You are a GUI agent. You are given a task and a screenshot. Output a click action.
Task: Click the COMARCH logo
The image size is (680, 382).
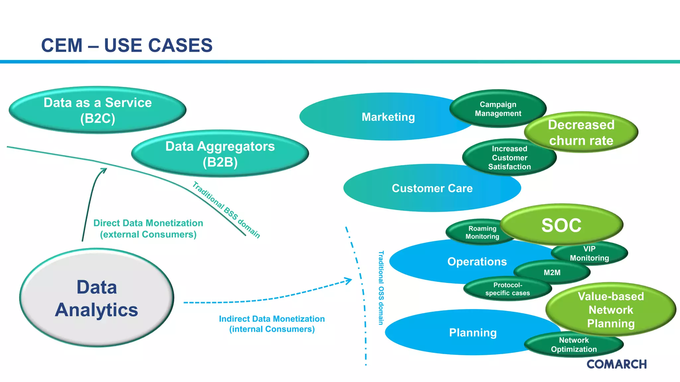coord(617,364)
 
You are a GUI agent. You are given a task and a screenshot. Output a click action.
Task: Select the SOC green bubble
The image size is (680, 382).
coord(561,225)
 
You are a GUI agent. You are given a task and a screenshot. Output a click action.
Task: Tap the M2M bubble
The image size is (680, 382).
coord(552,273)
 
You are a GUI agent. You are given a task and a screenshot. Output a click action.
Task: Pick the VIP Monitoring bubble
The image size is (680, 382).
coord(590,254)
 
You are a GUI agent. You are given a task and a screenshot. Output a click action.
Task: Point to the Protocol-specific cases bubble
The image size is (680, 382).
coord(507,289)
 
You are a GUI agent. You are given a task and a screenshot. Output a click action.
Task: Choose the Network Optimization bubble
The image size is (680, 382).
coord(574,345)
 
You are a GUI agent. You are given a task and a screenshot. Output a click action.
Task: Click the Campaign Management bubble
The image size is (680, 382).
coord(498,109)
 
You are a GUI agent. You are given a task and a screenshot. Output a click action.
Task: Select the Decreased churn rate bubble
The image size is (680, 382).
coord(581,133)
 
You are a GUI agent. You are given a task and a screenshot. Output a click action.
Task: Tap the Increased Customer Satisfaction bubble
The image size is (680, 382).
coord(509,158)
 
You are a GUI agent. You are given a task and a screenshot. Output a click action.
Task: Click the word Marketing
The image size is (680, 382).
coord(388,117)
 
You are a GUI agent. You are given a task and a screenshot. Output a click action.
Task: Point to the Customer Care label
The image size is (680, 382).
coord(432,188)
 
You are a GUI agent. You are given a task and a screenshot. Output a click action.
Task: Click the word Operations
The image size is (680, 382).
coord(477,262)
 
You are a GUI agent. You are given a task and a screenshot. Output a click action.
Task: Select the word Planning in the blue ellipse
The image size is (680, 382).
coord(473,333)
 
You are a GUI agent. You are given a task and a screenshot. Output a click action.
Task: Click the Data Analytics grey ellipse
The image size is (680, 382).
coord(97,298)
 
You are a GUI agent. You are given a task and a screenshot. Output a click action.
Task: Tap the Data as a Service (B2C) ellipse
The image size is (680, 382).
coord(98,110)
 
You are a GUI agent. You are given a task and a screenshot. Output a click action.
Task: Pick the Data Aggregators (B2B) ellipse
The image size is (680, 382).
coord(220,154)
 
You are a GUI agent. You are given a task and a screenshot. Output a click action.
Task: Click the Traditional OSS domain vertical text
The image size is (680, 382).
coord(381,287)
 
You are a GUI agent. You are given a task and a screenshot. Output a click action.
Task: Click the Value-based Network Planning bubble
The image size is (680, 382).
coord(611,310)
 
